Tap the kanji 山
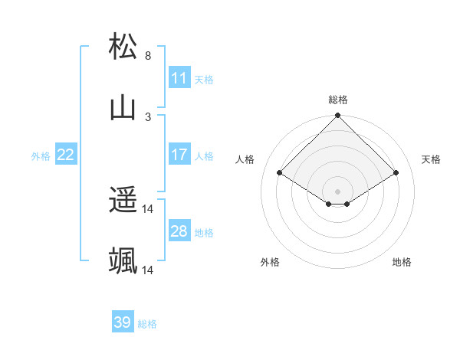point(123,108)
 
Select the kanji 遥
point(123,201)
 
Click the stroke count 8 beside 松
point(148,56)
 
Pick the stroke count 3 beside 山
point(148,117)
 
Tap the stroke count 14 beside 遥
point(148,209)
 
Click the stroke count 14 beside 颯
point(148,270)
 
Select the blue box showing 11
point(179,78)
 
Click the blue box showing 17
point(179,155)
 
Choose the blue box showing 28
point(179,231)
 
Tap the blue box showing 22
point(66,155)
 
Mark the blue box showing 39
point(123,322)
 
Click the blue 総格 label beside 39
point(147,324)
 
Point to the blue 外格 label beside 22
point(41,156)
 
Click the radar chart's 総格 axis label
point(338,100)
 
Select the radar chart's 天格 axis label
point(431,159)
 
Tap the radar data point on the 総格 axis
point(338,116)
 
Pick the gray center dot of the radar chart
point(338,191)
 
